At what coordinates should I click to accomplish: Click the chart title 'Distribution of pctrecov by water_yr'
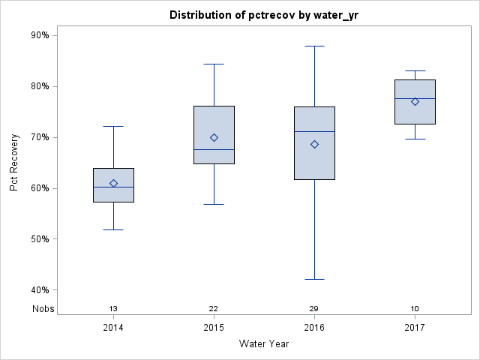[x=259, y=15]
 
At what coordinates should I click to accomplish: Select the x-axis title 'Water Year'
[x=264, y=343]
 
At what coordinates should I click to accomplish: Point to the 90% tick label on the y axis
[x=40, y=35]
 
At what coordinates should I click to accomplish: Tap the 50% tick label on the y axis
[x=40, y=239]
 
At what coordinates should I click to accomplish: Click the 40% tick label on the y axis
[x=40, y=290]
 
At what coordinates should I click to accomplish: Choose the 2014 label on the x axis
[x=113, y=328]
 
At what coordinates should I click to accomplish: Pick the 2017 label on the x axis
[x=415, y=328]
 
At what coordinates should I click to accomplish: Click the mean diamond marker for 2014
[x=113, y=183]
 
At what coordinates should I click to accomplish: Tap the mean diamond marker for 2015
[x=214, y=137]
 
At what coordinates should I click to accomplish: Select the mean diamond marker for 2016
[x=314, y=144]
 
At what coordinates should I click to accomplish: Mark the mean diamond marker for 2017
[x=415, y=101]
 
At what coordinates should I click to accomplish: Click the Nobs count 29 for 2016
[x=314, y=309]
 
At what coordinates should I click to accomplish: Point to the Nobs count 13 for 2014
[x=113, y=309]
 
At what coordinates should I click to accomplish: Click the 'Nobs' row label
[x=43, y=309]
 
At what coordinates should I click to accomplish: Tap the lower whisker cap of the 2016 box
[x=314, y=279]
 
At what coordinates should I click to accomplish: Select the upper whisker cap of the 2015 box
[x=214, y=64]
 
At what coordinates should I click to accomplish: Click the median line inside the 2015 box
[x=214, y=150]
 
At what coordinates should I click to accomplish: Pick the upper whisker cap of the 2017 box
[x=415, y=70]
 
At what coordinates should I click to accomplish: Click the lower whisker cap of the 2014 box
[x=113, y=229]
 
